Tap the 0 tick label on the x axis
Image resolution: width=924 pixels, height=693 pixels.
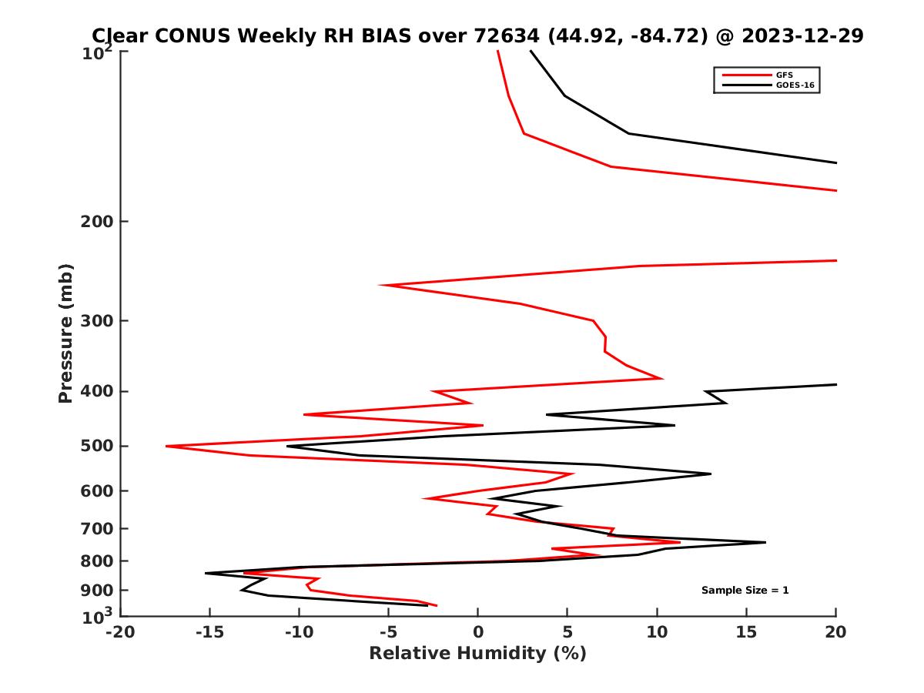(x=478, y=632)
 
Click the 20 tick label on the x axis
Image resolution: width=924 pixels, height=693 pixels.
(x=835, y=632)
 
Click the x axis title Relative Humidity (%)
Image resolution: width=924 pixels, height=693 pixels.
(x=477, y=654)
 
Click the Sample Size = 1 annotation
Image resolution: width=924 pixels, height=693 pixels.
(x=745, y=591)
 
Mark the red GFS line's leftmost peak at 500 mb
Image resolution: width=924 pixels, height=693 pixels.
(x=166, y=446)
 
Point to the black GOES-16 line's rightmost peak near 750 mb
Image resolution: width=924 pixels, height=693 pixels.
(x=765, y=542)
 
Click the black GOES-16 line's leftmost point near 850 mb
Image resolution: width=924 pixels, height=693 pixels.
(x=206, y=573)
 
